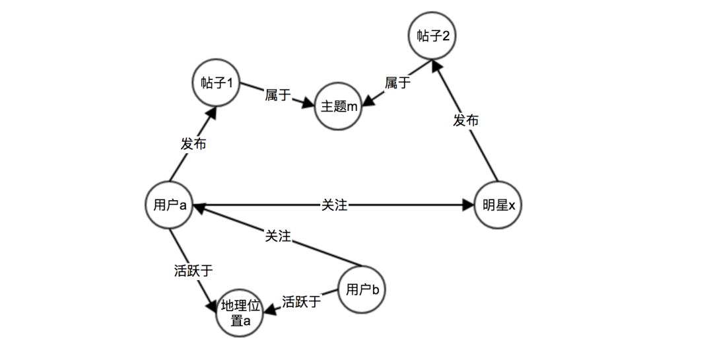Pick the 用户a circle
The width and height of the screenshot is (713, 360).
tap(170, 205)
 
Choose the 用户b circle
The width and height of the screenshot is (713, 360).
tap(362, 290)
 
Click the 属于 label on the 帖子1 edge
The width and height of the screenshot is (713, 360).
tap(278, 95)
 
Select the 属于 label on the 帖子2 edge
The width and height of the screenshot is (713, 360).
tap(398, 83)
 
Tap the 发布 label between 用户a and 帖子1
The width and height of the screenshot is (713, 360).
tap(193, 143)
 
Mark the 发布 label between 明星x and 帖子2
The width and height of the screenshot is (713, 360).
tap(466, 120)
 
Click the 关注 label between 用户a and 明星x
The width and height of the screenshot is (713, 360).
tap(334, 205)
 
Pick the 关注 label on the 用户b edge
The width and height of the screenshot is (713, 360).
tap(277, 236)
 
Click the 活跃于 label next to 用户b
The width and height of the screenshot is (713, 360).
tap(301, 302)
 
